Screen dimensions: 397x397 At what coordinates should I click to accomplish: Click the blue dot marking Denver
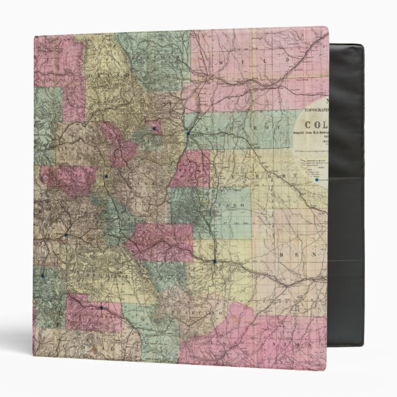188,132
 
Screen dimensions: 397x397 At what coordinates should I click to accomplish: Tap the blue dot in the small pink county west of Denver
153,129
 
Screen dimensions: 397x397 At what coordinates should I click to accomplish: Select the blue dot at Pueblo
214,261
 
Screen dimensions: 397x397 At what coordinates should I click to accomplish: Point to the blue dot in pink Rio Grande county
100,307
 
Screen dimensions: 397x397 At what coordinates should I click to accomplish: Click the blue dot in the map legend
317,180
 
